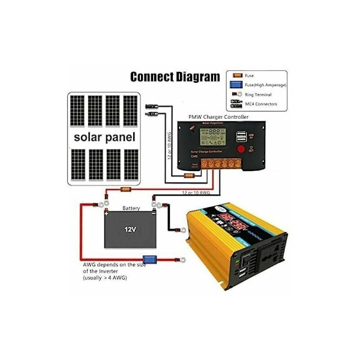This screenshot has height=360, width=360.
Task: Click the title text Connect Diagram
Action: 175,77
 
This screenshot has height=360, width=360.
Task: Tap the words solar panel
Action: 104,137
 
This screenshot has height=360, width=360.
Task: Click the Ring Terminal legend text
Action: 259,95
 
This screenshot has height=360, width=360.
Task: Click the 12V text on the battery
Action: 131,230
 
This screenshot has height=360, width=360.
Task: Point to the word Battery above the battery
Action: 131,209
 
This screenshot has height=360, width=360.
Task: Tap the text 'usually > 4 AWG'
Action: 106,278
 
